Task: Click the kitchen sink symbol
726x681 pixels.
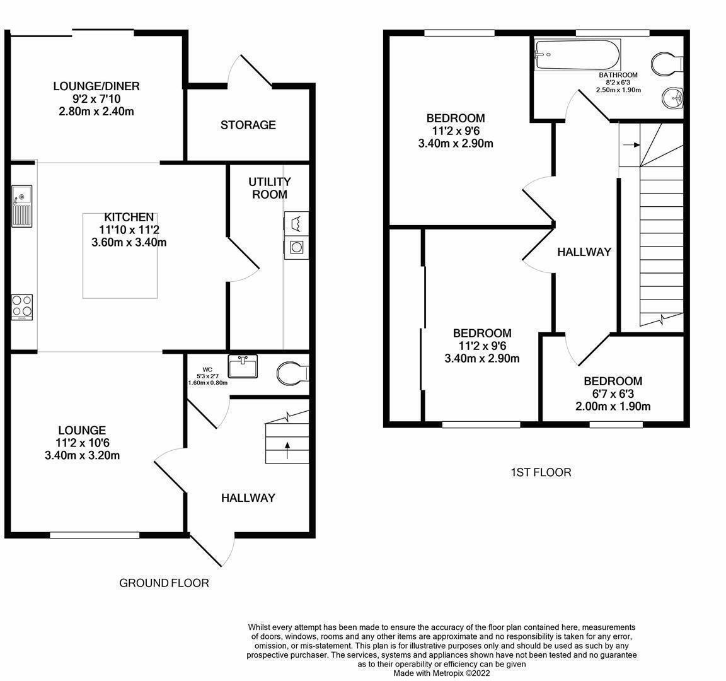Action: coord(22,206)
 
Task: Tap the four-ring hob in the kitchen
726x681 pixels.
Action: coord(22,307)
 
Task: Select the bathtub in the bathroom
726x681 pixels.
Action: coord(577,55)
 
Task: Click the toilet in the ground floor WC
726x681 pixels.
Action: coord(292,373)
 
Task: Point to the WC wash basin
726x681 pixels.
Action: coord(243,366)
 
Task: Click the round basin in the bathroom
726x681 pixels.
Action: coord(673,98)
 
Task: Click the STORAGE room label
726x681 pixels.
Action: coord(248,125)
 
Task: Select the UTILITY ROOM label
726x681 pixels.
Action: coord(270,188)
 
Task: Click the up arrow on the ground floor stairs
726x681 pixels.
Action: coord(287,450)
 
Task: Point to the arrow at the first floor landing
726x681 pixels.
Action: coord(631,145)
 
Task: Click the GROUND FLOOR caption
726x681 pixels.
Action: coord(164,583)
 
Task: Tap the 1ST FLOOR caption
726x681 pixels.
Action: coord(541,472)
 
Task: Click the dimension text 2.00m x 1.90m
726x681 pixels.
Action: coord(613,406)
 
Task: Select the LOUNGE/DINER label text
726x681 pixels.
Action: coord(96,86)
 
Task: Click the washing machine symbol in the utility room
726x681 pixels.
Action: coord(296,247)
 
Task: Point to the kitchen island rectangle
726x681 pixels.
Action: coord(120,256)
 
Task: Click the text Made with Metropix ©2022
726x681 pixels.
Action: coord(442,673)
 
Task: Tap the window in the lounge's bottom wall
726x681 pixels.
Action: coord(95,535)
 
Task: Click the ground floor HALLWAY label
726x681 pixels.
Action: coord(248,498)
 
